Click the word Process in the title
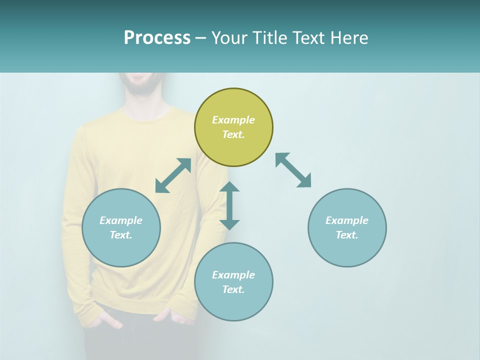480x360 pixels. click(157, 37)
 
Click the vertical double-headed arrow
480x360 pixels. click(229, 205)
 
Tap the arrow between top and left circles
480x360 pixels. click(173, 175)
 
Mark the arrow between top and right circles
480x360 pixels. click(293, 170)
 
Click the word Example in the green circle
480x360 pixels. click(233, 120)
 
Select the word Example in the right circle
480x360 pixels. click(347, 220)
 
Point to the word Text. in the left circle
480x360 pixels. click(121, 235)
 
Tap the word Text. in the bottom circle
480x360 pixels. click(233, 289)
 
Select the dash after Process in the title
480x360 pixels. click(200, 38)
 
